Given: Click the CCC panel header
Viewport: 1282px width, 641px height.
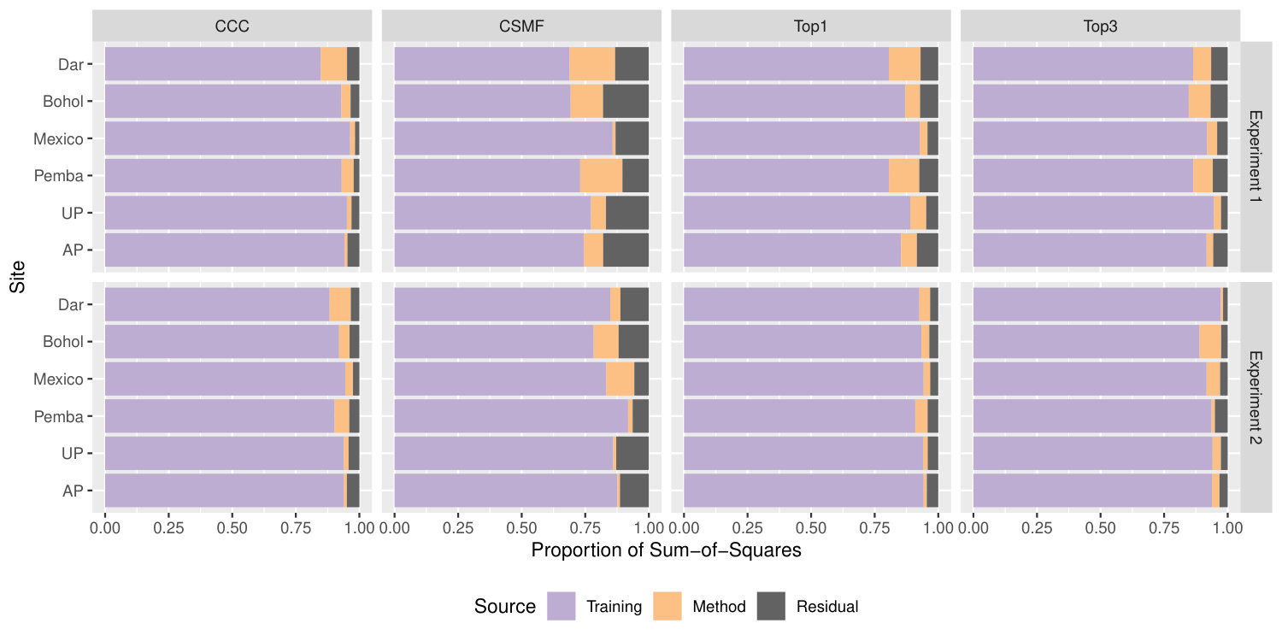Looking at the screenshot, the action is [232, 26].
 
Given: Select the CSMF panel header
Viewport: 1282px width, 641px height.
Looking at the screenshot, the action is [521, 26].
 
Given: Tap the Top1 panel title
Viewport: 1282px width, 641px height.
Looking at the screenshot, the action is [810, 26].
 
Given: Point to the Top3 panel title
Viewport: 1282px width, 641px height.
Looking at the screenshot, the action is [1100, 26].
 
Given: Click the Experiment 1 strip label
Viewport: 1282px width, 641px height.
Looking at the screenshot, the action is [1256, 156].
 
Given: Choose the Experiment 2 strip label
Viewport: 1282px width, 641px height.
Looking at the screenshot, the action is [1256, 397].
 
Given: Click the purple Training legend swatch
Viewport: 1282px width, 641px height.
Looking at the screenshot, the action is [561, 606].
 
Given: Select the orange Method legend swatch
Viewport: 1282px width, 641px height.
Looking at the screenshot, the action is [667, 606].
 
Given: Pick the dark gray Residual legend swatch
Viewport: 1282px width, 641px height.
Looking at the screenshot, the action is [771, 606].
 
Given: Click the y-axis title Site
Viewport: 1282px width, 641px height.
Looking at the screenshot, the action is [17, 276].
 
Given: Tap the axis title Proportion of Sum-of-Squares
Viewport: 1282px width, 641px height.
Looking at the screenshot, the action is [666, 550].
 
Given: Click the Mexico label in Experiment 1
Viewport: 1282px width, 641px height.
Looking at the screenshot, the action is [58, 138].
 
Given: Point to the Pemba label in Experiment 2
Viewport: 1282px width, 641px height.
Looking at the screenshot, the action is [58, 416].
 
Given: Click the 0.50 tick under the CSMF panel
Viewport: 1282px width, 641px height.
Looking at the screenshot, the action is [521, 527].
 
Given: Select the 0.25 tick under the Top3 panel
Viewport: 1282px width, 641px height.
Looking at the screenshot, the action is [1037, 527].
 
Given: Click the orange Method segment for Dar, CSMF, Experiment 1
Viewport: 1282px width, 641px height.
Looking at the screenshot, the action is [591, 64].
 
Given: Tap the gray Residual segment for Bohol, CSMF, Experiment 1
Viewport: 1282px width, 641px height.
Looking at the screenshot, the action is [626, 102].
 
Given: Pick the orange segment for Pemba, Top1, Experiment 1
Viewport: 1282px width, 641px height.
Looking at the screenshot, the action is [904, 176].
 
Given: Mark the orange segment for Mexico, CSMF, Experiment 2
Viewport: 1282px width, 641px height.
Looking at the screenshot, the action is [620, 379].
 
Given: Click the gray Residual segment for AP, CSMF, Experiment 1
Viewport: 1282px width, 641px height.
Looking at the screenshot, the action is [626, 250].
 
